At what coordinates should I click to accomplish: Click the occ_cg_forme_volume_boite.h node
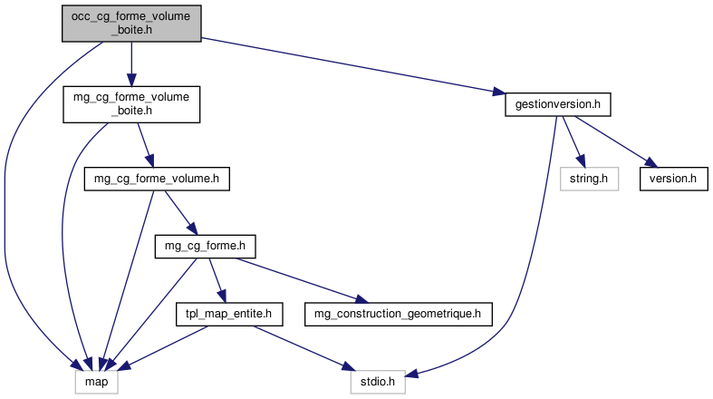131,23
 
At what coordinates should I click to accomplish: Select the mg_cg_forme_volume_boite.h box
131,104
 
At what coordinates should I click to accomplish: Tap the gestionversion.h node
557,104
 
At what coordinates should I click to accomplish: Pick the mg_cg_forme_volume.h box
157,179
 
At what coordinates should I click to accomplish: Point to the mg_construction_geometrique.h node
401,315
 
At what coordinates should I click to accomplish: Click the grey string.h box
588,179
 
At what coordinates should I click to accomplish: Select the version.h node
672,179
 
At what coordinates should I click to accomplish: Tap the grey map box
94,383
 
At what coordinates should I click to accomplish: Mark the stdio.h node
379,383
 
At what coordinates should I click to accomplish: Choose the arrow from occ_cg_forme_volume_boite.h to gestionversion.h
353,65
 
